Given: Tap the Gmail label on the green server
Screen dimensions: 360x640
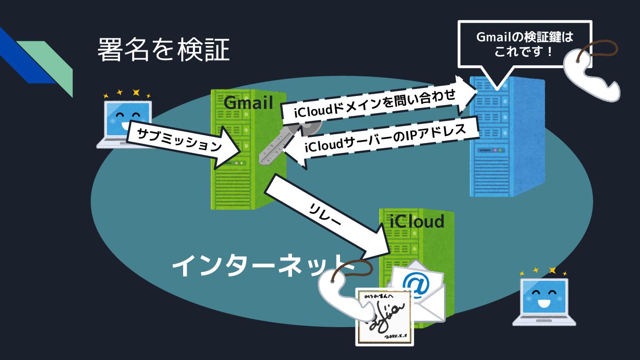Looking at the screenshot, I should click(248, 103).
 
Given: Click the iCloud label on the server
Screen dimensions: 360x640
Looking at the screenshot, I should click(416, 221).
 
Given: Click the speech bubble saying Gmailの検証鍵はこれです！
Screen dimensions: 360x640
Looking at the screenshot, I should click(524, 44).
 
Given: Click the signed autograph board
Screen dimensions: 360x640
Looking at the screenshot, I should click(385, 316).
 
